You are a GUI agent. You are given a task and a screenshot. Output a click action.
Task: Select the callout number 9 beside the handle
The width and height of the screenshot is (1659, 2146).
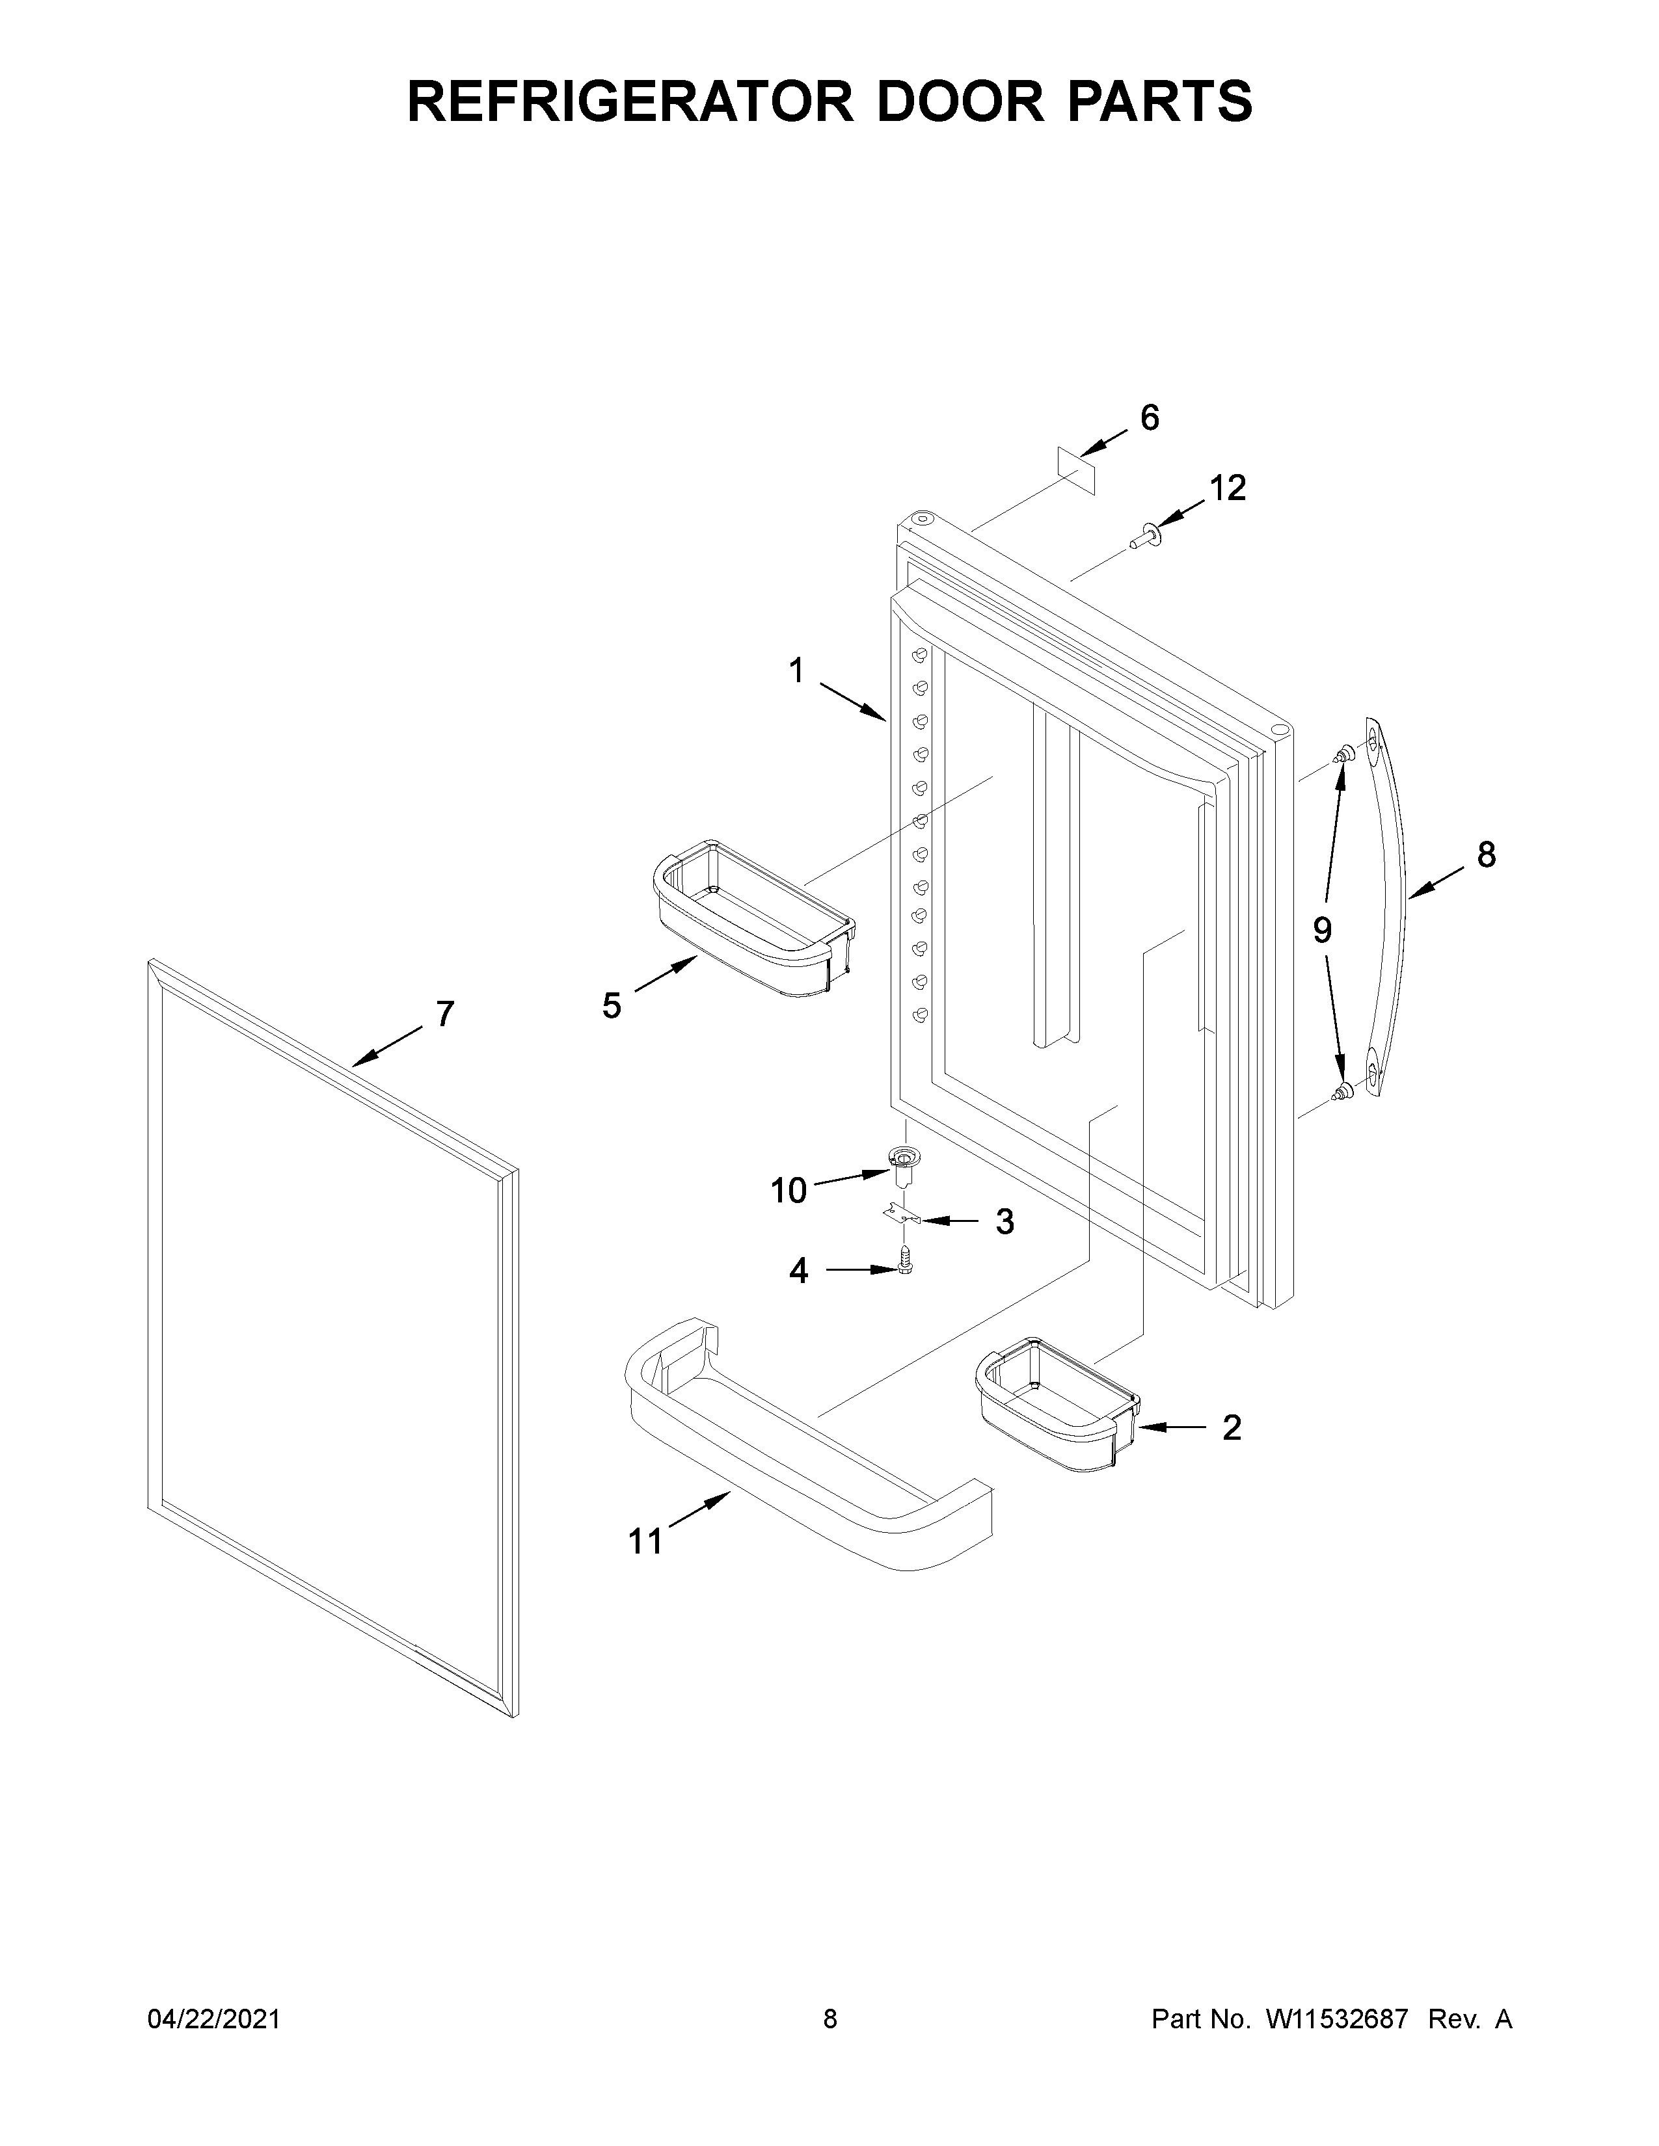click(1322, 929)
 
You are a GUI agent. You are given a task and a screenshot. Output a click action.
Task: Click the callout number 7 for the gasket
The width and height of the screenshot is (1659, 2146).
click(444, 1013)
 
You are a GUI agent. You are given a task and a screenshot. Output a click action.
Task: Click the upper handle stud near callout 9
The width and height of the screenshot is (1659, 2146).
click(1341, 754)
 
